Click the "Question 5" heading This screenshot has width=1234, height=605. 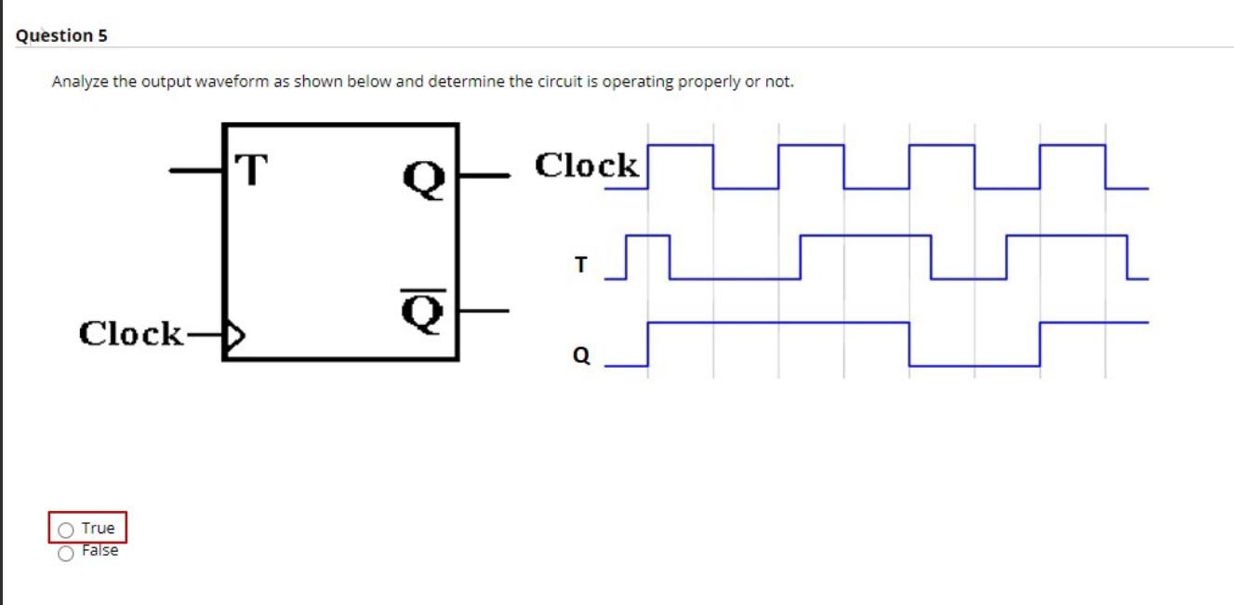(x=61, y=35)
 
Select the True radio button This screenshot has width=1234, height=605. (x=66, y=530)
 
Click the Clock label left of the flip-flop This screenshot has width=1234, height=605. (x=131, y=332)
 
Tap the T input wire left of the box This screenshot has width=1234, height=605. (x=195, y=170)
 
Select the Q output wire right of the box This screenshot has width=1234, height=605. (x=484, y=173)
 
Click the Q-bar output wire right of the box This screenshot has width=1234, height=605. (x=484, y=309)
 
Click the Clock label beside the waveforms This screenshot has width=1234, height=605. (x=587, y=166)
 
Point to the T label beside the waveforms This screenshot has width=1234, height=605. (x=581, y=265)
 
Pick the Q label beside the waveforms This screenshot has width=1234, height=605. (x=581, y=356)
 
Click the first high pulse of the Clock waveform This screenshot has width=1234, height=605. (x=681, y=146)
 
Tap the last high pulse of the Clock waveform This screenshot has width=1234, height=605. (x=1072, y=146)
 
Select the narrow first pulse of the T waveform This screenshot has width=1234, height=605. (x=648, y=236)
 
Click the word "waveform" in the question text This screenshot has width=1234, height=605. (x=254, y=82)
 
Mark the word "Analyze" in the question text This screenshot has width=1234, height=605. (x=79, y=82)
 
